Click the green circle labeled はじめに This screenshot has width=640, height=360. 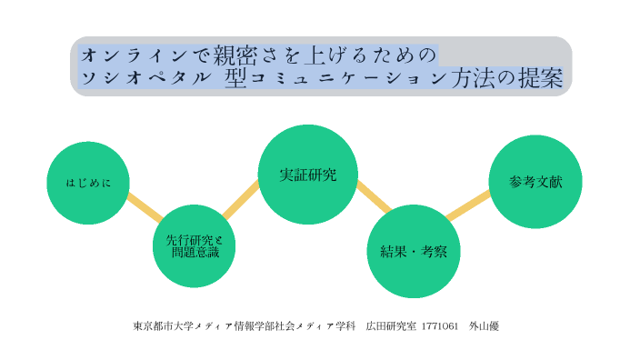click(x=88, y=183)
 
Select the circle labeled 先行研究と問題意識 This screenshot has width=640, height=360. click(x=195, y=245)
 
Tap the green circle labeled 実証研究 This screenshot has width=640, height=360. click(x=307, y=174)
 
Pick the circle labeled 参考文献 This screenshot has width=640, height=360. click(x=535, y=182)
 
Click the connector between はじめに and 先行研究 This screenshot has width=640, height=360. click(x=144, y=207)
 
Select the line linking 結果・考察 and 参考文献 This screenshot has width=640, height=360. click(x=468, y=205)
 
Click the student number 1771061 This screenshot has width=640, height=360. click(x=439, y=325)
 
